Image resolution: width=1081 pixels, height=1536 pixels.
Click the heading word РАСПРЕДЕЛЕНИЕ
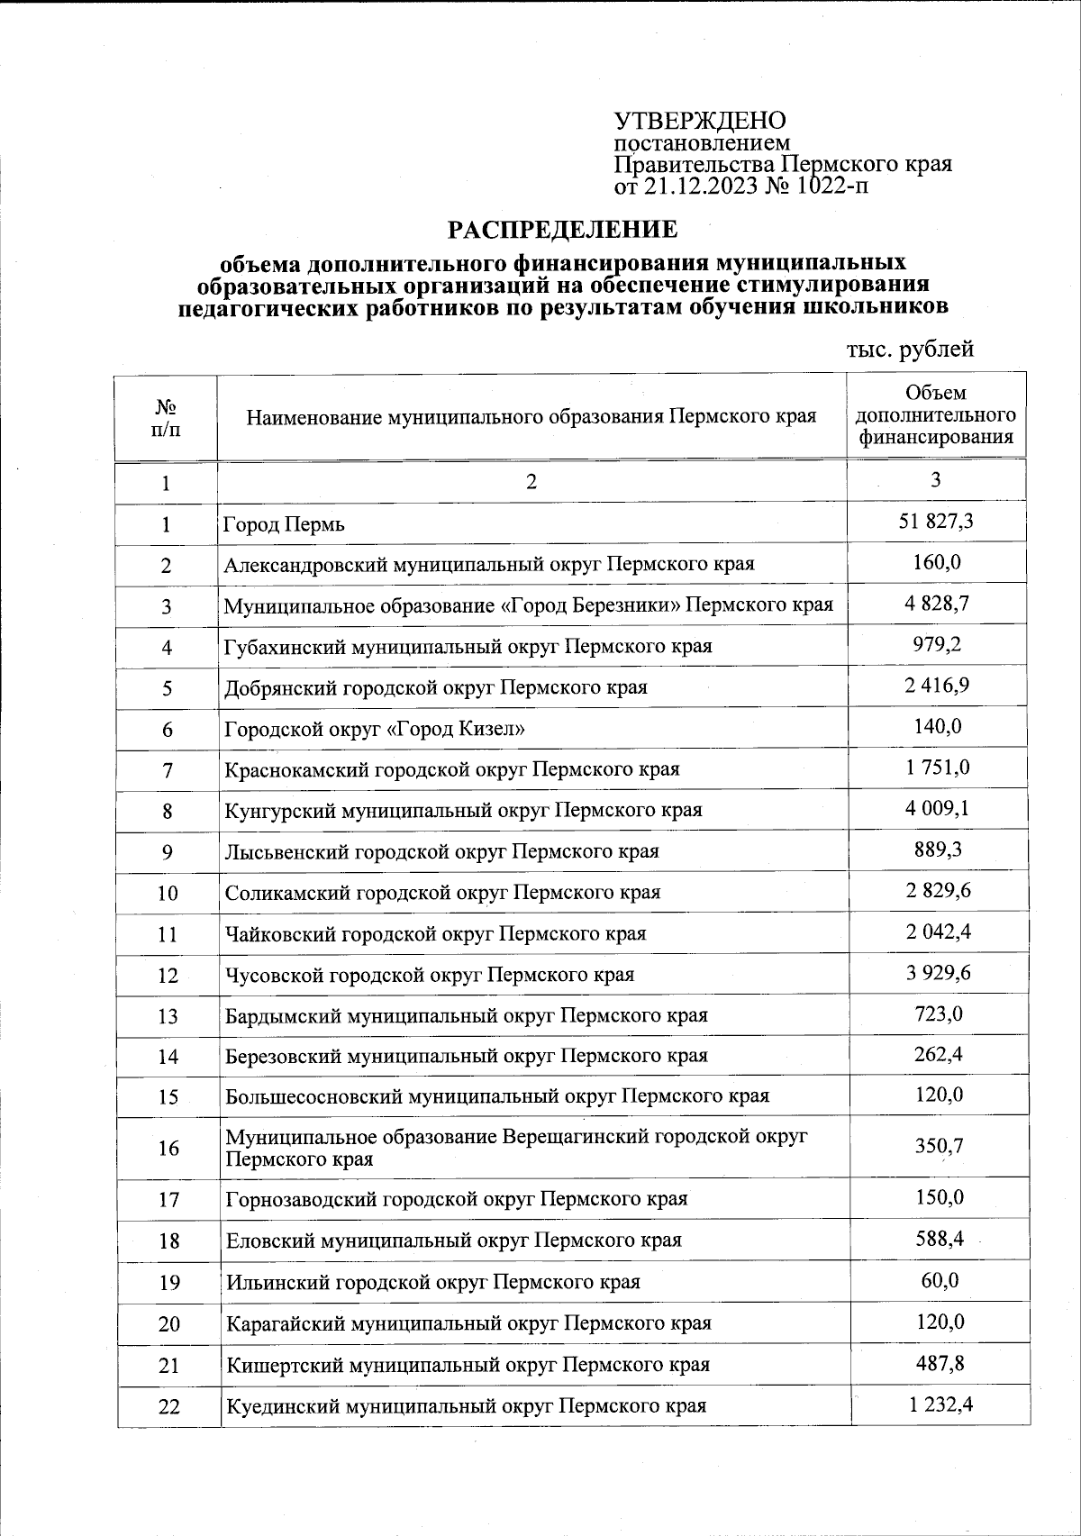point(563,231)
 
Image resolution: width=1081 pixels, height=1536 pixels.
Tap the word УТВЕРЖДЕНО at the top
point(700,121)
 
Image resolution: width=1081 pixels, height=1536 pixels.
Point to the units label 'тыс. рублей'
point(910,349)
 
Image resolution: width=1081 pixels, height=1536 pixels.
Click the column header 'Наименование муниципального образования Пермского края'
point(531,417)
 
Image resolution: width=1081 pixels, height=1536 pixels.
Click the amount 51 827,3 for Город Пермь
point(936,522)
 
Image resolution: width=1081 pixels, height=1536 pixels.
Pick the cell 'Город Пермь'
point(285,524)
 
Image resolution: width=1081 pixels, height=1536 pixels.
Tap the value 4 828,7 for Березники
point(937,604)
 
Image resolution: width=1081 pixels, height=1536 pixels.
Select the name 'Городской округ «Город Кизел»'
point(375,729)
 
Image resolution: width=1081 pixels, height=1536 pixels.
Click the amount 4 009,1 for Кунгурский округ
point(937,808)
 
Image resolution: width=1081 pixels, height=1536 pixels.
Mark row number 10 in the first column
point(168,893)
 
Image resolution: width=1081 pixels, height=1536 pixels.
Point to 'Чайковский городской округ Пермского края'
point(436,933)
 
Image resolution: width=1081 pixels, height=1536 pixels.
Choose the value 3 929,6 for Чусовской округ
point(937,973)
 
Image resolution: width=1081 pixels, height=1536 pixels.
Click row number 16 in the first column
point(168,1148)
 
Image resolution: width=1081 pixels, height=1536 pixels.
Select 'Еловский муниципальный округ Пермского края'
point(453,1240)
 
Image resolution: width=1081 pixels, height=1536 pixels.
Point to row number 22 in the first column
point(168,1405)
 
